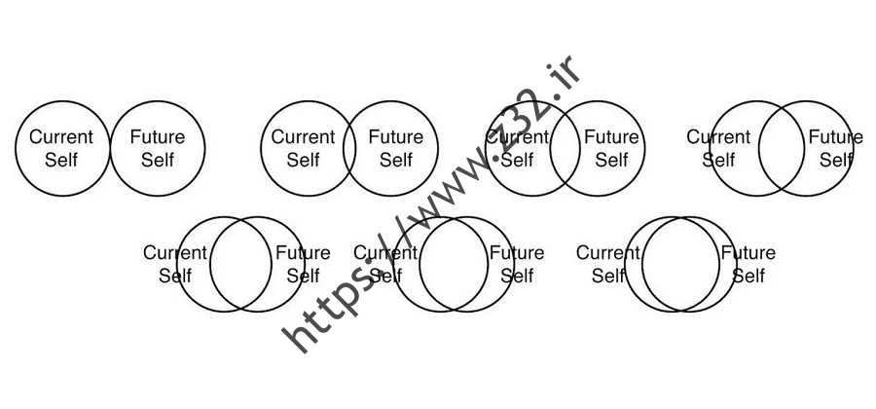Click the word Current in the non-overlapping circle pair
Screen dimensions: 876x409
(61, 137)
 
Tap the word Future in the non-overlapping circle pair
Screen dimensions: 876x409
(158, 137)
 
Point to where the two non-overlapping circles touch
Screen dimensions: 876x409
(110, 149)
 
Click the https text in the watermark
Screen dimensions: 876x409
(328, 302)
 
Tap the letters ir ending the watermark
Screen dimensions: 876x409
(564, 74)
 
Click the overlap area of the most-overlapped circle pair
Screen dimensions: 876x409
(680, 264)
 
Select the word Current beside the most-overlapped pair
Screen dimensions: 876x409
(607, 252)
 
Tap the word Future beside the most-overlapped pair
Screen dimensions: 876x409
(748, 252)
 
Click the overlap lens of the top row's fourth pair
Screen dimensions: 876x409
(781, 149)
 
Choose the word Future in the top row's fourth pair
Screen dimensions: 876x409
(836, 137)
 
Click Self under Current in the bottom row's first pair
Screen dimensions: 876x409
(175, 276)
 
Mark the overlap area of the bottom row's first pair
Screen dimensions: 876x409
(240, 264)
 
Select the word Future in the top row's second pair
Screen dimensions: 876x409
(396, 137)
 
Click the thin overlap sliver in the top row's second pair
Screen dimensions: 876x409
(349, 149)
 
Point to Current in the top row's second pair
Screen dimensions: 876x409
(304, 137)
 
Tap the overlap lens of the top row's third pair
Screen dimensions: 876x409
(565, 149)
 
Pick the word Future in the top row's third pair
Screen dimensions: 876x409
(612, 137)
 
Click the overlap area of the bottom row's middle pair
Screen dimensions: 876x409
(454, 264)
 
